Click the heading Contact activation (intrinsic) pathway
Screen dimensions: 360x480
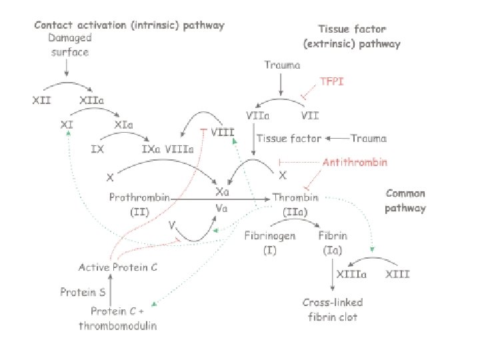coord(129,25)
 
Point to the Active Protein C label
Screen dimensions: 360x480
coord(117,267)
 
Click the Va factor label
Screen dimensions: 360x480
coord(223,209)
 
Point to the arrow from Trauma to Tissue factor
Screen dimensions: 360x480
coord(347,139)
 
